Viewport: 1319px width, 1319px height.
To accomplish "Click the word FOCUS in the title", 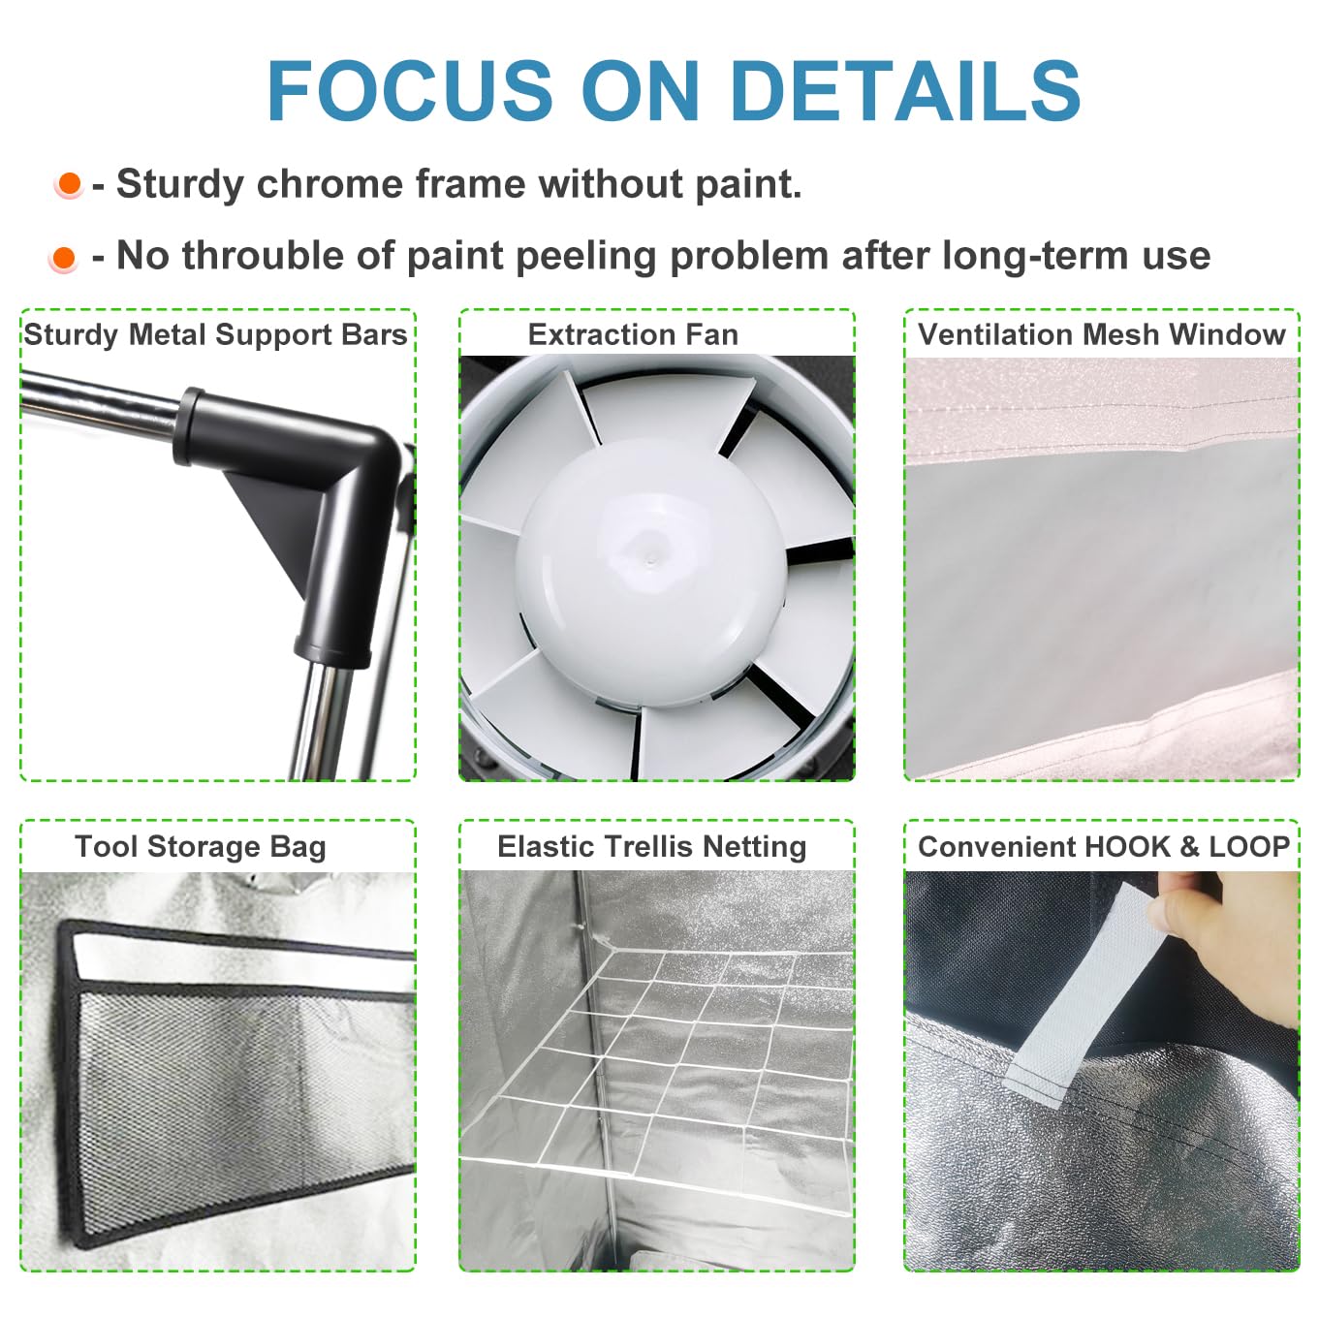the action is [409, 90].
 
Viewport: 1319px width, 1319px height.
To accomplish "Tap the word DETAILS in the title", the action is [905, 90].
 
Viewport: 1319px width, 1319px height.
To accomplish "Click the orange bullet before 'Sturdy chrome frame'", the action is [69, 184].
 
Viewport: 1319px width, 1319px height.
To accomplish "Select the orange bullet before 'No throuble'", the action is [64, 259].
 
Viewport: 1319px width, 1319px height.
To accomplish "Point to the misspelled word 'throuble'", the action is [264, 255].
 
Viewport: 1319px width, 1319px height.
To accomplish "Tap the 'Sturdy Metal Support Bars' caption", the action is [215, 335].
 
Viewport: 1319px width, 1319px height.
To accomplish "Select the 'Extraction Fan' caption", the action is [633, 334].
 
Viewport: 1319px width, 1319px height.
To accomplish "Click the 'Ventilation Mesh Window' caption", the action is [1101, 334].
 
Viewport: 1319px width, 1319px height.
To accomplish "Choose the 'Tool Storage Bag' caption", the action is [200, 847].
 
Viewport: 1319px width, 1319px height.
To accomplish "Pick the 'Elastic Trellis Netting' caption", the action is [651, 847].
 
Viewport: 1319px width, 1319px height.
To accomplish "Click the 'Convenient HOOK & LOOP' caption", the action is [1104, 847].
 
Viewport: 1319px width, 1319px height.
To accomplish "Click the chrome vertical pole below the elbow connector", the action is [322, 722].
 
